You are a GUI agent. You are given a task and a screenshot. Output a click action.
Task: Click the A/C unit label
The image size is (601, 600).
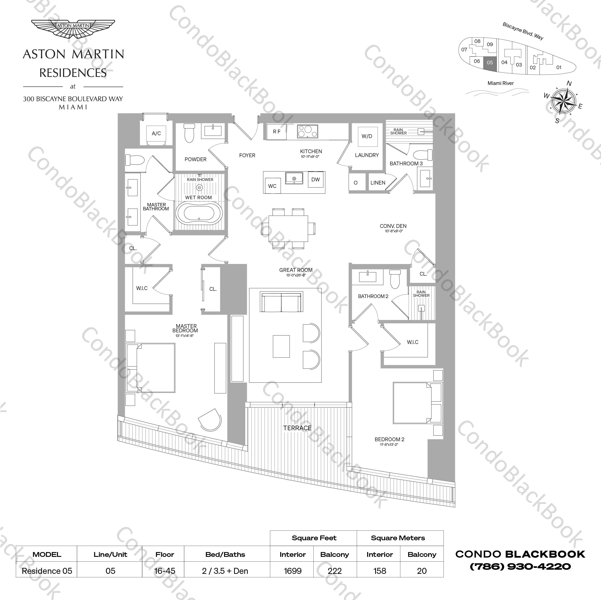pos(156,133)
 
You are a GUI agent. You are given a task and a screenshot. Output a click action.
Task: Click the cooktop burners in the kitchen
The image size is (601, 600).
pos(307,131)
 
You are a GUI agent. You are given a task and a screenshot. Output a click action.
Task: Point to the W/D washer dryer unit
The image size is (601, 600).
pos(367,136)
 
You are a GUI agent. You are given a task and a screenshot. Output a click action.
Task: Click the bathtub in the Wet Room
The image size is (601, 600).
pos(199,213)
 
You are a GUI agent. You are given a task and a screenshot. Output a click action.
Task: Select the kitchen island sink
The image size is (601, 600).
pos(294,178)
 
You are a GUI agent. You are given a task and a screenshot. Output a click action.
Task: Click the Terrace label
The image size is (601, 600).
pos(297,428)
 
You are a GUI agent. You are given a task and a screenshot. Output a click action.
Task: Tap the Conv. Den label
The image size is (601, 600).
pos(393,226)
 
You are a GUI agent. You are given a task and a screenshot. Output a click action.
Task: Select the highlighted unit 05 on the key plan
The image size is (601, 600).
pos(490,63)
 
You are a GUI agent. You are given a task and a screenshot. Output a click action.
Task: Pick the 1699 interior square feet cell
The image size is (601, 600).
pos(292,571)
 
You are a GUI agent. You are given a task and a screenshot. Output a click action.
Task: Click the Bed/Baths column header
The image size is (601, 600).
pos(225,554)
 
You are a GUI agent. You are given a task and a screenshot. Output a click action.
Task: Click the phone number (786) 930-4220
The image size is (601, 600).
pos(520,566)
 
